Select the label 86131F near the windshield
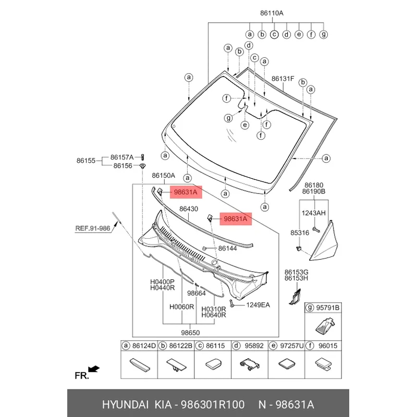point(283,79)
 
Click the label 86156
point(122,166)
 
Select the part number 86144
point(227,249)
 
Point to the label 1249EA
point(257,304)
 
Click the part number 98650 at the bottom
point(190,333)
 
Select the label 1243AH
point(314,212)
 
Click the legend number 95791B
point(329,309)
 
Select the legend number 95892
point(254,345)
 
